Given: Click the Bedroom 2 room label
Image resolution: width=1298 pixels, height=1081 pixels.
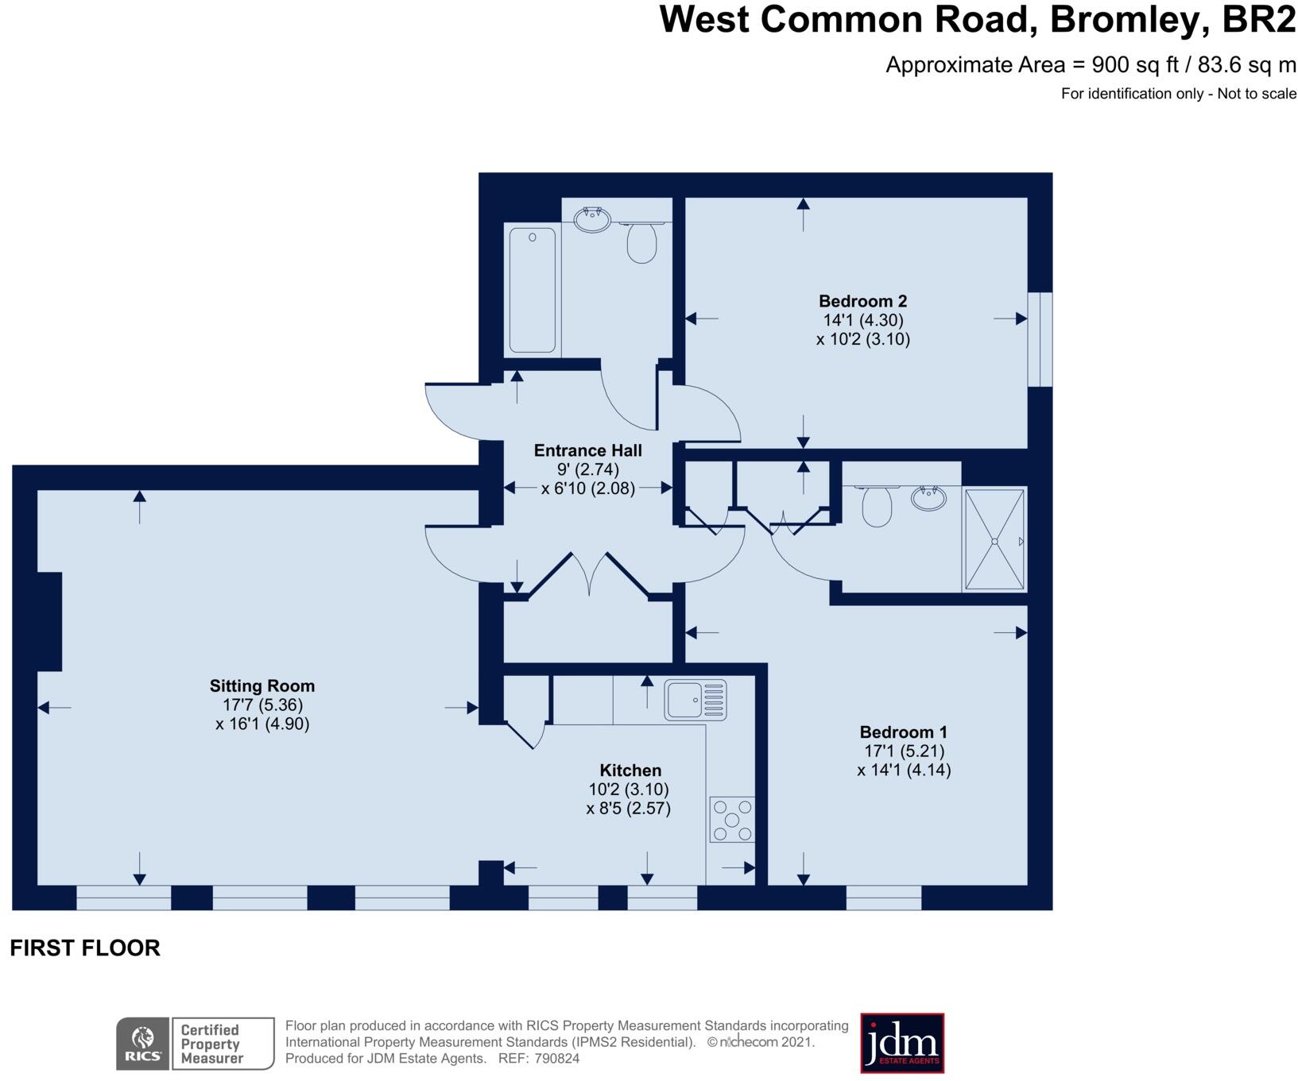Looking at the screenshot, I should (862, 301).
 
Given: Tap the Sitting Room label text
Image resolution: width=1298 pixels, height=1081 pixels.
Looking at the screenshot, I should (262, 685).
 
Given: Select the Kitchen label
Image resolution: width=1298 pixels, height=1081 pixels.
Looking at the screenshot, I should (630, 770).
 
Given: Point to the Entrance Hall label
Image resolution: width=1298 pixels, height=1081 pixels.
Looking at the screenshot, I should (587, 450).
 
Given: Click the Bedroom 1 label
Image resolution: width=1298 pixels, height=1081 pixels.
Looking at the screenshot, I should (903, 732).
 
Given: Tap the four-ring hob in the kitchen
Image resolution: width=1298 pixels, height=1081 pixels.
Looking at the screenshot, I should (732, 820).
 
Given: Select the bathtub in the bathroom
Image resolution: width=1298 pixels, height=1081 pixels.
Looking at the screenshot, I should (532, 290).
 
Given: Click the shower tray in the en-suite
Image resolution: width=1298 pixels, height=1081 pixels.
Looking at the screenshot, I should (994, 540).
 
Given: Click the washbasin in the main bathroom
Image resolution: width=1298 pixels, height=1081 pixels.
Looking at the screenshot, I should (592, 219).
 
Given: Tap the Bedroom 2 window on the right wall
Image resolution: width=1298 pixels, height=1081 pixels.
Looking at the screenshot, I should (1040, 339).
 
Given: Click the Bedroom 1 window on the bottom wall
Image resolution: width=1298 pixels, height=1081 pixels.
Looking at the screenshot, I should (883, 898).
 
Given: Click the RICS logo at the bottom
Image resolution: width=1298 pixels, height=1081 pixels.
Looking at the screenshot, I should (143, 1044).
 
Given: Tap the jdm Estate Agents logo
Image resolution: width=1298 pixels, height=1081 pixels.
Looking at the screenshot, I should (901, 1043).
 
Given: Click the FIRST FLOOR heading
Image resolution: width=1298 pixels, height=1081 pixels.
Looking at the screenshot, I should (85, 948).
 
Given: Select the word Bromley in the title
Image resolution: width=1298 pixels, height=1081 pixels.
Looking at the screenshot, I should (1126, 20).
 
